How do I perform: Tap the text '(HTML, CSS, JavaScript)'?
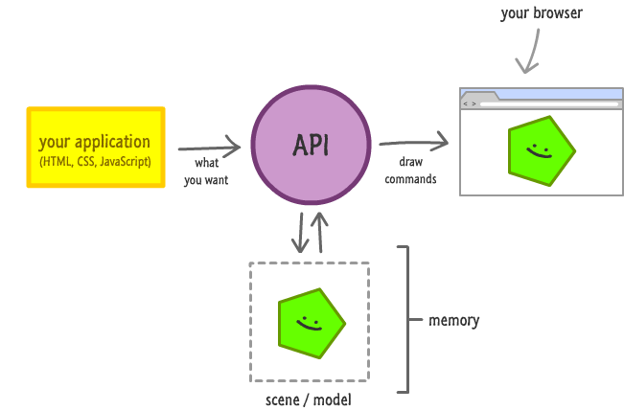tap(95, 162)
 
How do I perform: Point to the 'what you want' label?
tap(205, 171)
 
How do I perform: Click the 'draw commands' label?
tap(410, 171)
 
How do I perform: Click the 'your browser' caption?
tap(541, 13)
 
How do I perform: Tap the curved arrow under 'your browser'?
tap(530, 51)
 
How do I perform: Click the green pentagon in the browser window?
tap(540, 150)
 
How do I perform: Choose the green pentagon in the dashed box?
tap(311, 321)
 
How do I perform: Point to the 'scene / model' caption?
tap(308, 399)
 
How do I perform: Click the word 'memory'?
tap(453, 320)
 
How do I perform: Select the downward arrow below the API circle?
tap(300, 232)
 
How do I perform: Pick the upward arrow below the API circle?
tap(321, 232)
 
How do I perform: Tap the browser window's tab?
tap(478, 96)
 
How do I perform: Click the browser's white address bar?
tap(546, 103)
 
